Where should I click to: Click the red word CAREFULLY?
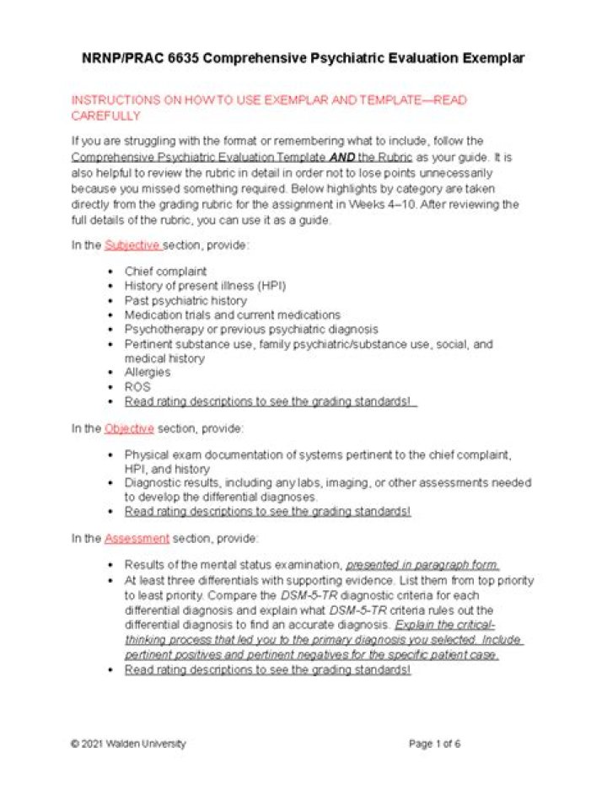tap(105, 116)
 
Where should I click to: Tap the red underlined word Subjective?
tap(132, 245)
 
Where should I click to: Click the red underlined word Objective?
tap(129, 428)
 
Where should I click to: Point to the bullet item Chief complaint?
tap(165, 272)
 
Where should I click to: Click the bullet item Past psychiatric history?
tap(185, 300)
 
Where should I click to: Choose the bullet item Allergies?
tap(148, 372)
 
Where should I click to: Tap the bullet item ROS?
tap(137, 386)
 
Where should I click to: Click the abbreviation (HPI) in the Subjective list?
tap(268, 286)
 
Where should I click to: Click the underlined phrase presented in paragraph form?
tap(422, 565)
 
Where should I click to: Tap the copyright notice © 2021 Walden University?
tap(128, 744)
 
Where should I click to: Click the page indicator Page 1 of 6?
tap(434, 744)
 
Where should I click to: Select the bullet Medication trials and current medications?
tap(232, 315)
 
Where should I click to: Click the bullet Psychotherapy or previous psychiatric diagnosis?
tap(251, 329)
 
